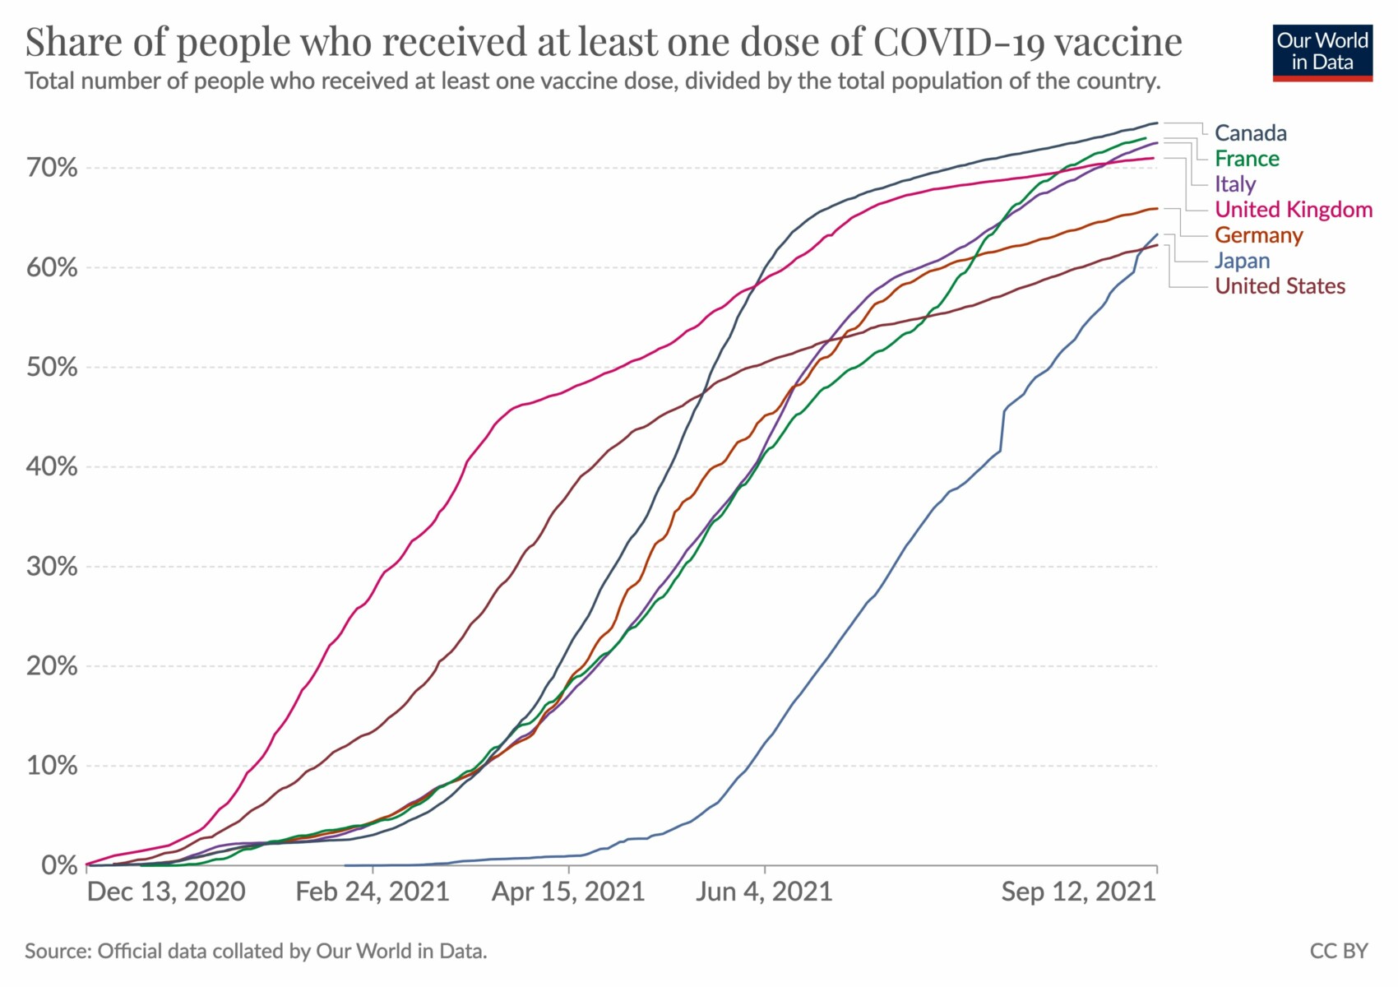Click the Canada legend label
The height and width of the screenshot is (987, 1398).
pyautogui.click(x=1250, y=133)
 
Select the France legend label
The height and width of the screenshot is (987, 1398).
pyautogui.click(x=1247, y=159)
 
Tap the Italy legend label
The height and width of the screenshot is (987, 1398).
pyautogui.click(x=1235, y=184)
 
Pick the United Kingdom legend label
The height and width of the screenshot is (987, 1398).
pyautogui.click(x=1294, y=210)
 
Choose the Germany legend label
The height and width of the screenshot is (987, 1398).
pyautogui.click(x=1258, y=235)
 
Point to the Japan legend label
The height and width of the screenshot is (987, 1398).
pyautogui.click(x=1242, y=261)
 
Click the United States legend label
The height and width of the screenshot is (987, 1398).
pyautogui.click(x=1280, y=286)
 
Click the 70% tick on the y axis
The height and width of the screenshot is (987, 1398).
pyautogui.click(x=52, y=169)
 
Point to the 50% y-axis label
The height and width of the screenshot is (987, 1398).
pyautogui.click(x=52, y=368)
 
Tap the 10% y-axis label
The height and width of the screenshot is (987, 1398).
pyautogui.click(x=52, y=767)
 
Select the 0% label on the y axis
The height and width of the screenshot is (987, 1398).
pyautogui.click(x=60, y=866)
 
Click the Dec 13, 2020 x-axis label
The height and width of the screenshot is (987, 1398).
pyautogui.click(x=166, y=892)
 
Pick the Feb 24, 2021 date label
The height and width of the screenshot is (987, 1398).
pyautogui.click(x=373, y=892)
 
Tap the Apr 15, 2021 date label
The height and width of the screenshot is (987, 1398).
pyautogui.click(x=568, y=892)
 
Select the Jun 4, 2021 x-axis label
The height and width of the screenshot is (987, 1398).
pyautogui.click(x=764, y=892)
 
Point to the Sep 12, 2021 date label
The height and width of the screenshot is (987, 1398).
pyautogui.click(x=1078, y=892)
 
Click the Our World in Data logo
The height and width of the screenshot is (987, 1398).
pyautogui.click(x=1322, y=52)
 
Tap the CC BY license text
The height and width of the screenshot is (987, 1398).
pyautogui.click(x=1339, y=952)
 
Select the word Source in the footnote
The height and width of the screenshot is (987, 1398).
pyautogui.click(x=57, y=952)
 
